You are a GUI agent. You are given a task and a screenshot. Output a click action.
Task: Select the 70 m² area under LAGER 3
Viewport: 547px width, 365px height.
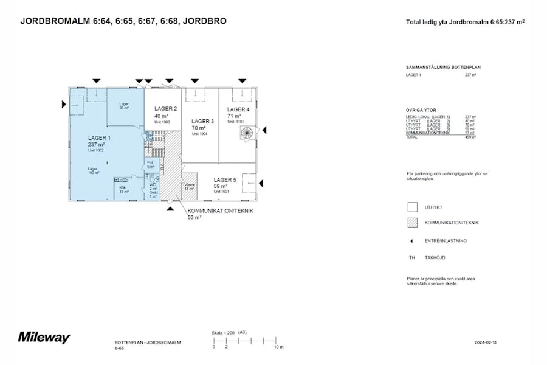(198, 128)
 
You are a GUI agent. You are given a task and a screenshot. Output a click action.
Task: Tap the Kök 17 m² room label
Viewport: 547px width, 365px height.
(124, 189)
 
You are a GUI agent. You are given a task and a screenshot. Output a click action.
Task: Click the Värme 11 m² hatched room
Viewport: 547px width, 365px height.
(190, 188)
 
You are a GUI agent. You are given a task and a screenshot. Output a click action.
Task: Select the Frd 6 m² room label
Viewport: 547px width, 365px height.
(151, 164)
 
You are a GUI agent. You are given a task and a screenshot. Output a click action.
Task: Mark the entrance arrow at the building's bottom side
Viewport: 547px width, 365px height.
(171, 208)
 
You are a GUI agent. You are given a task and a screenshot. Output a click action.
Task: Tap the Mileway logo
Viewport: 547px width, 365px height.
(44, 337)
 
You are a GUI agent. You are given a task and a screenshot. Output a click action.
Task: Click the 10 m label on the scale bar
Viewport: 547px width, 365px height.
(278, 347)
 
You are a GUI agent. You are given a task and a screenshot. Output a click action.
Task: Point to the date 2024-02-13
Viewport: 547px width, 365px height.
(486, 343)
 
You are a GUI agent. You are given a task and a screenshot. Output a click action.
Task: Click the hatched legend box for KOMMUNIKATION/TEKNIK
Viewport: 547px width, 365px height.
(412, 223)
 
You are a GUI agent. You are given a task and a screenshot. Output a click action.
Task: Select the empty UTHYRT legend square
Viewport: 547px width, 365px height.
(412, 207)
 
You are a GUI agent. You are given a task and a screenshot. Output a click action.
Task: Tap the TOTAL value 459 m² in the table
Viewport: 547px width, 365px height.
(470, 138)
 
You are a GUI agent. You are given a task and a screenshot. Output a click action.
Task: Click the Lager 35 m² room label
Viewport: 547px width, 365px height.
(124, 106)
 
